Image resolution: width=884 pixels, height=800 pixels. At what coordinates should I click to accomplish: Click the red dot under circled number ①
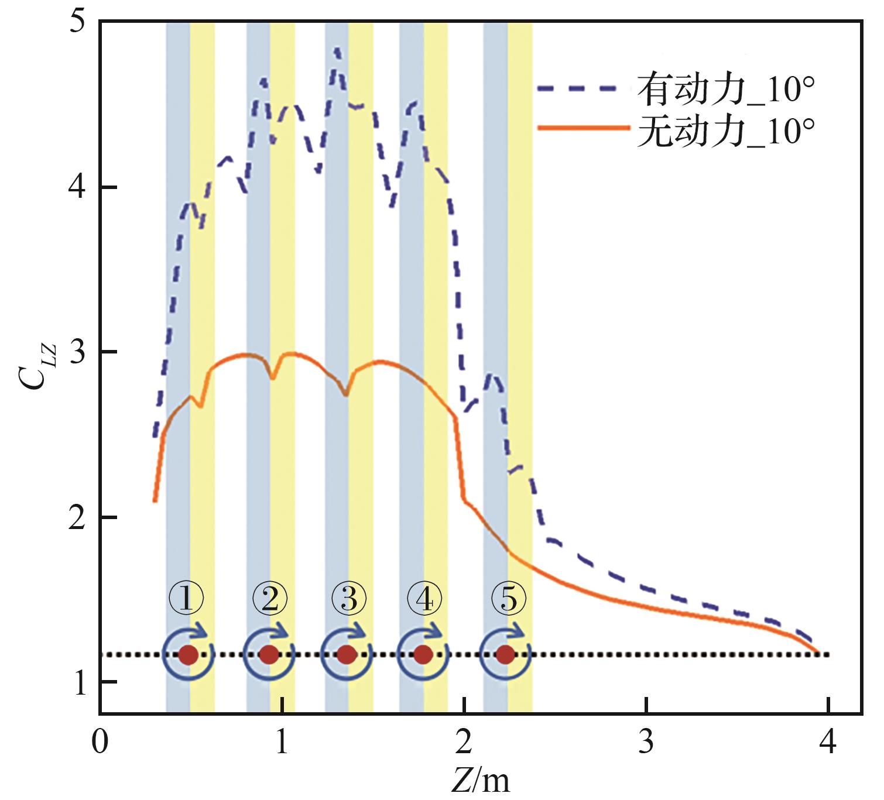[x=188, y=654]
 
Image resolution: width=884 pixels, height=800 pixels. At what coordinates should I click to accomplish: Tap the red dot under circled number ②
[x=269, y=654]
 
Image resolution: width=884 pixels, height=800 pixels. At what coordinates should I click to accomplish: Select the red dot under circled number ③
[x=347, y=654]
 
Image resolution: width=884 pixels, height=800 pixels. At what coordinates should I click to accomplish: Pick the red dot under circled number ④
[x=423, y=654]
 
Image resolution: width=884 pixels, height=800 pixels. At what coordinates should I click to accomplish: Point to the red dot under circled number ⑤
[x=505, y=654]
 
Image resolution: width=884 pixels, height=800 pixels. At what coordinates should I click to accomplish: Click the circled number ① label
[x=186, y=600]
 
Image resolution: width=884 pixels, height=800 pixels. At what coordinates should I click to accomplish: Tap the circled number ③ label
[x=349, y=600]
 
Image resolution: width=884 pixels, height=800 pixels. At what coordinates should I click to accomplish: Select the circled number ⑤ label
[x=508, y=600]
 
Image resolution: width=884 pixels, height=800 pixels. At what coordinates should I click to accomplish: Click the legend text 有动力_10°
[x=726, y=90]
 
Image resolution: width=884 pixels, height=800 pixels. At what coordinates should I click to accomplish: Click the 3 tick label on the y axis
[x=77, y=352]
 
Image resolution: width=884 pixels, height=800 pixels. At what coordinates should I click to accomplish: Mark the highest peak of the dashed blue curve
[x=337, y=50]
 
